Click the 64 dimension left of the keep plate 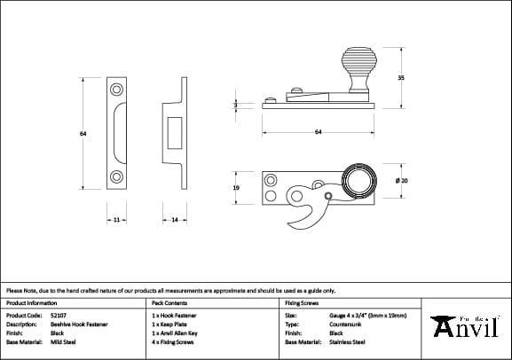click(83, 134)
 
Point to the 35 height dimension click(402, 78)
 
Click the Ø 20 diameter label click(403, 181)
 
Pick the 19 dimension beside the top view click(236, 189)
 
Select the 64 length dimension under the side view click(318, 131)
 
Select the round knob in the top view click(359, 183)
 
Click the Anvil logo click(467, 327)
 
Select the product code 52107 click(59, 315)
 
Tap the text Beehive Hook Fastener click(79, 324)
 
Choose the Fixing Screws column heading click(303, 302)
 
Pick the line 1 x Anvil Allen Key click(175, 333)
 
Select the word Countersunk click(346, 324)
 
